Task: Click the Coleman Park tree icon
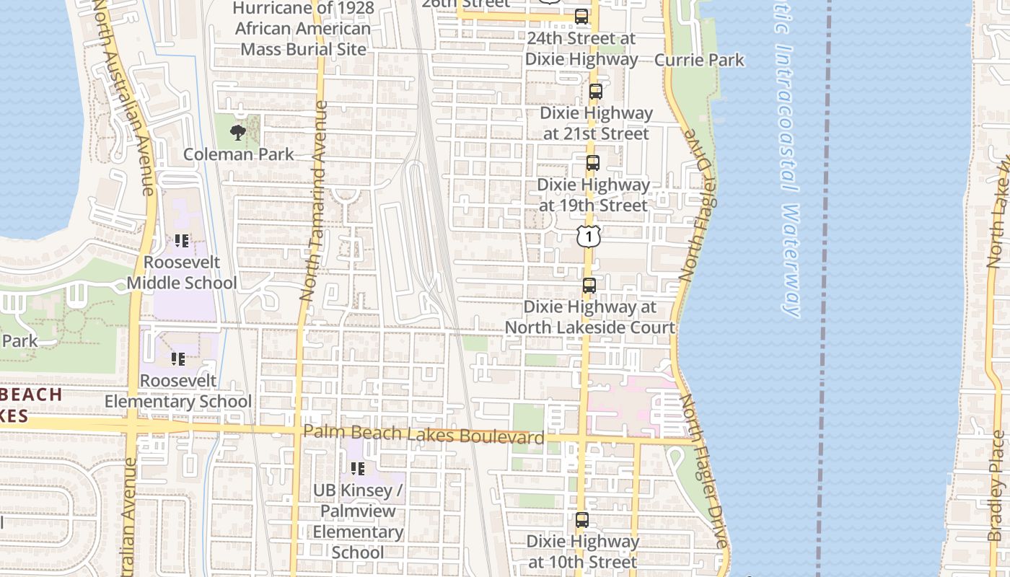pos(237,132)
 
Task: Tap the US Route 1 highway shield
pos(589,236)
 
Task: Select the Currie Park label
pos(699,60)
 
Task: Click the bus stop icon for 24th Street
pos(581,17)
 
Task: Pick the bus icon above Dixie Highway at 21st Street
pos(595,92)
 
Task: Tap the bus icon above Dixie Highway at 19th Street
pos(592,163)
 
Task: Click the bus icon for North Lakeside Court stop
pos(589,286)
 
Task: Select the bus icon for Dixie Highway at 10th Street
pos(581,519)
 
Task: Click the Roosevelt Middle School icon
pos(181,241)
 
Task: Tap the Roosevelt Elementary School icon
pos(177,358)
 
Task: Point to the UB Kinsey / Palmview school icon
pos(357,469)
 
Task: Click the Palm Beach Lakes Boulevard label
pos(423,435)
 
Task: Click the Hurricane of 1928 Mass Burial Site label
pos(304,29)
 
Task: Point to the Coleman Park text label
pos(239,154)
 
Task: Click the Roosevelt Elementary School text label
pos(178,391)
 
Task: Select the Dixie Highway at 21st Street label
pos(596,123)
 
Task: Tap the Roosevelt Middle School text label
pos(182,273)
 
